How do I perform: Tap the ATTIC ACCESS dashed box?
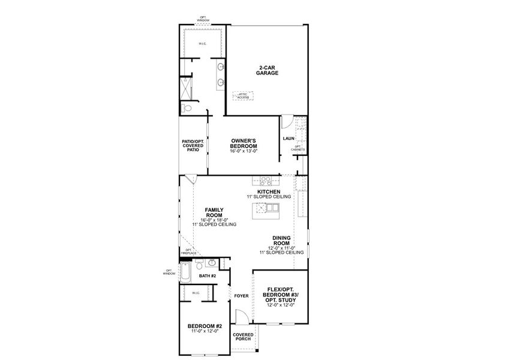pyautogui.click(x=244, y=95)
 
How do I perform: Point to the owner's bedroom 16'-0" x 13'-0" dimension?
pyautogui.click(x=244, y=151)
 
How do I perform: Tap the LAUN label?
pyautogui.click(x=288, y=139)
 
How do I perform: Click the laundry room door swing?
pyautogui.click(x=287, y=121)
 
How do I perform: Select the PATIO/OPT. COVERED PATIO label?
pyautogui.click(x=193, y=145)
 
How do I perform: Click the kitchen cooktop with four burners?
pyautogui.click(x=264, y=179)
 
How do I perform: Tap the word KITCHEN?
pyautogui.click(x=268, y=192)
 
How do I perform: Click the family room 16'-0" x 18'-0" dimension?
pyautogui.click(x=214, y=220)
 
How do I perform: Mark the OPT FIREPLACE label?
pyautogui.click(x=188, y=251)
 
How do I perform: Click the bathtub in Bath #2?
pyautogui.click(x=185, y=274)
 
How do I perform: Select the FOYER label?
pyautogui.click(x=241, y=296)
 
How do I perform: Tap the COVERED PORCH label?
pyautogui.click(x=243, y=337)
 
